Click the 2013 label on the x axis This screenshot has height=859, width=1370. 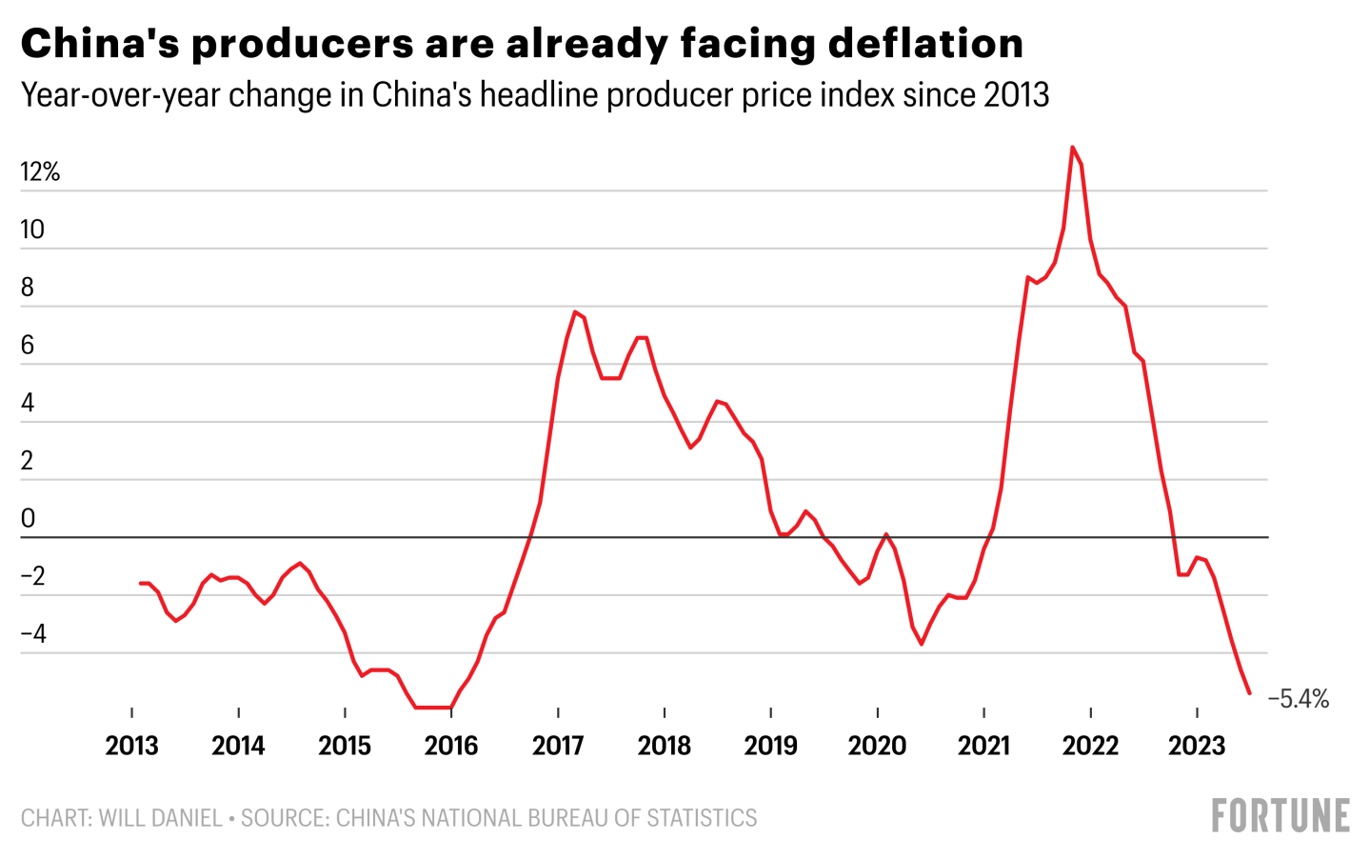131,745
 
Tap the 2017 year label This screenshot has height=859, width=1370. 558,745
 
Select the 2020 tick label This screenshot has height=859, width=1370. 877,745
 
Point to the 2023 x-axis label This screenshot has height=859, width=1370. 1197,745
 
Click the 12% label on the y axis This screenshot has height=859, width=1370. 40,171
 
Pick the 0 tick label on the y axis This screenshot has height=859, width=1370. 28,518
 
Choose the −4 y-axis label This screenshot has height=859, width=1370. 33,633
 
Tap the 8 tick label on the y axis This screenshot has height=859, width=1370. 28,288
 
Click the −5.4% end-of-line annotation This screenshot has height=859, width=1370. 1299,699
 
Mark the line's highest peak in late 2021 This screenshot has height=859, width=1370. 1072,148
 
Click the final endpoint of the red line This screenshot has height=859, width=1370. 1249,693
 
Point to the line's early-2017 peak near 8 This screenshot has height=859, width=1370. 575,311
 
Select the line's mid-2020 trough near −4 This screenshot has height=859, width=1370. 921,644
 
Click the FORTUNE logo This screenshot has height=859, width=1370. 1281,816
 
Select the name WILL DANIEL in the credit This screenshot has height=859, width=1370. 160,818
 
